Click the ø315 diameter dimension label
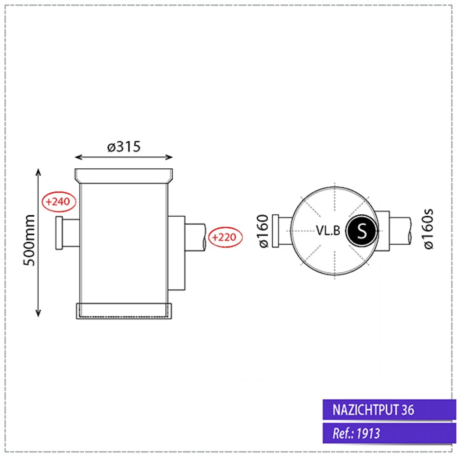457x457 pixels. (124, 147)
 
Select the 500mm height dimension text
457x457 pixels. (29, 241)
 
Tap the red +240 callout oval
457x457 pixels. (59, 201)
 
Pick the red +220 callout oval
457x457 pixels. (224, 237)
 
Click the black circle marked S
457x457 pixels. (361, 231)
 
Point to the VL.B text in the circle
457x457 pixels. (328, 230)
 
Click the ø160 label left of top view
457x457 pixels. (264, 231)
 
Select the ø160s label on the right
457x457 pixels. (429, 229)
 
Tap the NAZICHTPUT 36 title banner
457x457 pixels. (389, 410)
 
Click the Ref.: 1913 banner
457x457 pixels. (389, 433)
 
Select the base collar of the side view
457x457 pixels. (124, 311)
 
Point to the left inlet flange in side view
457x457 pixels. (59, 233)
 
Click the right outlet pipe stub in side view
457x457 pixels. (195, 237)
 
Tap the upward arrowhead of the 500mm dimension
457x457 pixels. (38, 171)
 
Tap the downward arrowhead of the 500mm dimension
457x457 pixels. (38, 313)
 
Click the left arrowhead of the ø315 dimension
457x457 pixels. (78, 157)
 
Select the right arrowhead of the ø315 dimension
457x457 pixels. (170, 157)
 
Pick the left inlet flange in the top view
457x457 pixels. (275, 231)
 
